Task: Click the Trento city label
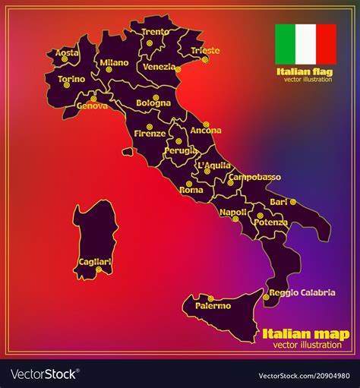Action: point(156,32)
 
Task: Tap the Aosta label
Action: point(67,53)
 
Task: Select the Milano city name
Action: point(114,63)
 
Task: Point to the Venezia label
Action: point(159,66)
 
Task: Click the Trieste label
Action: point(205,51)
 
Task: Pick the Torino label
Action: point(71,78)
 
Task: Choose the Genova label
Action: point(92,106)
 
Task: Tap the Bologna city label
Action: point(153,103)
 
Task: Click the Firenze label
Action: point(150,134)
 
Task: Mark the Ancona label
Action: point(206,131)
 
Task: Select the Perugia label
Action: point(181,151)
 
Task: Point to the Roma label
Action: point(191,190)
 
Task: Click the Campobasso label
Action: point(254,177)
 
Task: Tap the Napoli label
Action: point(233,212)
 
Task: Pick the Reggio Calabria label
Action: point(302,292)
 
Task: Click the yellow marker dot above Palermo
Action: point(210,298)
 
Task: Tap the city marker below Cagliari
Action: point(98,270)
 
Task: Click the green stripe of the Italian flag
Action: point(285,44)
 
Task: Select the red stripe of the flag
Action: point(326,44)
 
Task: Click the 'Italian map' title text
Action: point(305,334)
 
